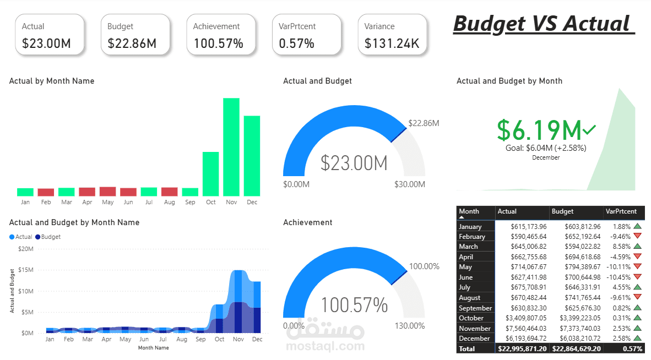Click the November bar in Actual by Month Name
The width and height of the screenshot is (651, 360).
pos(231,147)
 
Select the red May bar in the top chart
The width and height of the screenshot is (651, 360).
pos(108,192)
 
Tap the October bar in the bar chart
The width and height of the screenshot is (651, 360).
pos(211,174)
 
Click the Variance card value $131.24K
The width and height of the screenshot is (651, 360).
pos(392,43)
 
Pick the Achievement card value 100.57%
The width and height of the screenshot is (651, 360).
pos(219,43)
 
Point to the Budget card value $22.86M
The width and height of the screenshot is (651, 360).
pos(132,43)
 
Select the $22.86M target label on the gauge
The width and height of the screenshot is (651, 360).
pos(424,123)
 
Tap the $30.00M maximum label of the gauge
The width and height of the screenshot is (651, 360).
pos(410,184)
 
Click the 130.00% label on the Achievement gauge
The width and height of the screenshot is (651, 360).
pos(410,326)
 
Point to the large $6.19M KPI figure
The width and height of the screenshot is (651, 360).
pos(539,130)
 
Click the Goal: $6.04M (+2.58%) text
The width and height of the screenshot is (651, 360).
pos(546,148)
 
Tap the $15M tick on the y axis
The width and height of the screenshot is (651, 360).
pos(26,270)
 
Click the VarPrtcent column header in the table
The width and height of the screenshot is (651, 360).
pos(621,211)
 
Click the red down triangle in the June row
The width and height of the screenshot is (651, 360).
pos(638,277)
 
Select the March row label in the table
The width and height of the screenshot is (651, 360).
pos(469,247)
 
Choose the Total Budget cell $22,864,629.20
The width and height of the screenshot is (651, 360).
pos(576,349)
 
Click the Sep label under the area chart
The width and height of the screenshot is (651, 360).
pos(200,340)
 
